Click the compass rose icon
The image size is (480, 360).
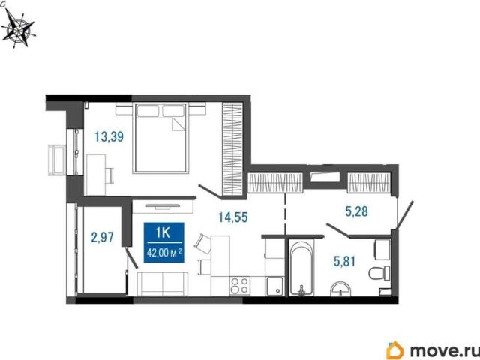(x=19, y=29)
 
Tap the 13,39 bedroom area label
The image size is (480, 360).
(x=109, y=136)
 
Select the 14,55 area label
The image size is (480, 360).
(x=233, y=217)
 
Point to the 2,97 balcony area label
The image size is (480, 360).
(x=102, y=237)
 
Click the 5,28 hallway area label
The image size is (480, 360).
(x=357, y=211)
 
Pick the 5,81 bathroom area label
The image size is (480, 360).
(x=345, y=262)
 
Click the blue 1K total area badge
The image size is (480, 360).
(x=164, y=242)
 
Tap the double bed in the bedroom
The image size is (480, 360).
(x=160, y=138)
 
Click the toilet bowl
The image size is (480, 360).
(x=379, y=273)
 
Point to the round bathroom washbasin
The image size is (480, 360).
(x=340, y=289)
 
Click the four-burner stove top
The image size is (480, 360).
(x=240, y=285)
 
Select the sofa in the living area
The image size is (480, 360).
(x=163, y=283)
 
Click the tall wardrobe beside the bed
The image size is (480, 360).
(x=232, y=148)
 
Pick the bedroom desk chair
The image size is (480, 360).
(x=109, y=175)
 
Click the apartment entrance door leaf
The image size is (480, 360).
(x=405, y=214)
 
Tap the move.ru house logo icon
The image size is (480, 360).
(x=395, y=350)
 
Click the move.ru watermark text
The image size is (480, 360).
(x=444, y=350)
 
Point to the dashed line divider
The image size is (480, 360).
(x=285, y=214)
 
